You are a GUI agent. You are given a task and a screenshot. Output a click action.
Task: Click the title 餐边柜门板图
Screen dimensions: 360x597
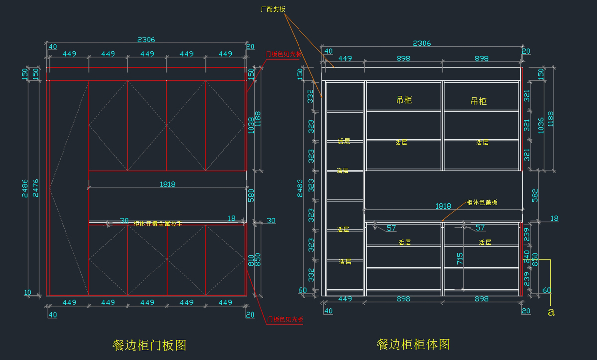(x=149, y=345)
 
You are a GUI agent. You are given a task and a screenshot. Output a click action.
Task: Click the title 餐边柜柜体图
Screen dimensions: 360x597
(x=413, y=344)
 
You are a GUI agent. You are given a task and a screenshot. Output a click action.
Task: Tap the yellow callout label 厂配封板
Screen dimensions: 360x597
(x=273, y=9)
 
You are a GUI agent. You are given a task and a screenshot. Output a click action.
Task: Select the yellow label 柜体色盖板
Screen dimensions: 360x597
(x=482, y=203)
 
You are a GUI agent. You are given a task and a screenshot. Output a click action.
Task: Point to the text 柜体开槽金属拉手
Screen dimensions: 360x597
(x=158, y=224)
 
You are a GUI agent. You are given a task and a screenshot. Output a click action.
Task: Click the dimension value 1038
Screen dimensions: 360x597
(x=251, y=125)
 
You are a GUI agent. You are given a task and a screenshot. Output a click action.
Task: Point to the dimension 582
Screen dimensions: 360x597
(x=535, y=195)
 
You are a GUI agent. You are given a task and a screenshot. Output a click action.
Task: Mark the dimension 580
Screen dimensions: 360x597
(x=251, y=195)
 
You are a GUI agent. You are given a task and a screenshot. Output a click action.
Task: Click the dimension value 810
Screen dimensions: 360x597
(x=251, y=260)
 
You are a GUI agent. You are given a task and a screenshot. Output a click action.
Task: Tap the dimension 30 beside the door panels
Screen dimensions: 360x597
(x=271, y=220)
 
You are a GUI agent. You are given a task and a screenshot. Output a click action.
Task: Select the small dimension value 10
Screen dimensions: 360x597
(x=27, y=293)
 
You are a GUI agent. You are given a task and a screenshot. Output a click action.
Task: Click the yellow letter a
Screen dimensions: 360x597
(x=550, y=312)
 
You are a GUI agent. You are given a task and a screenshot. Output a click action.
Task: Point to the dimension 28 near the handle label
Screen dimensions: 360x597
(x=124, y=220)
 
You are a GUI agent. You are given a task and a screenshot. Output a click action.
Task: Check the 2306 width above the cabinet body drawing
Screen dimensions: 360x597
(x=421, y=43)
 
